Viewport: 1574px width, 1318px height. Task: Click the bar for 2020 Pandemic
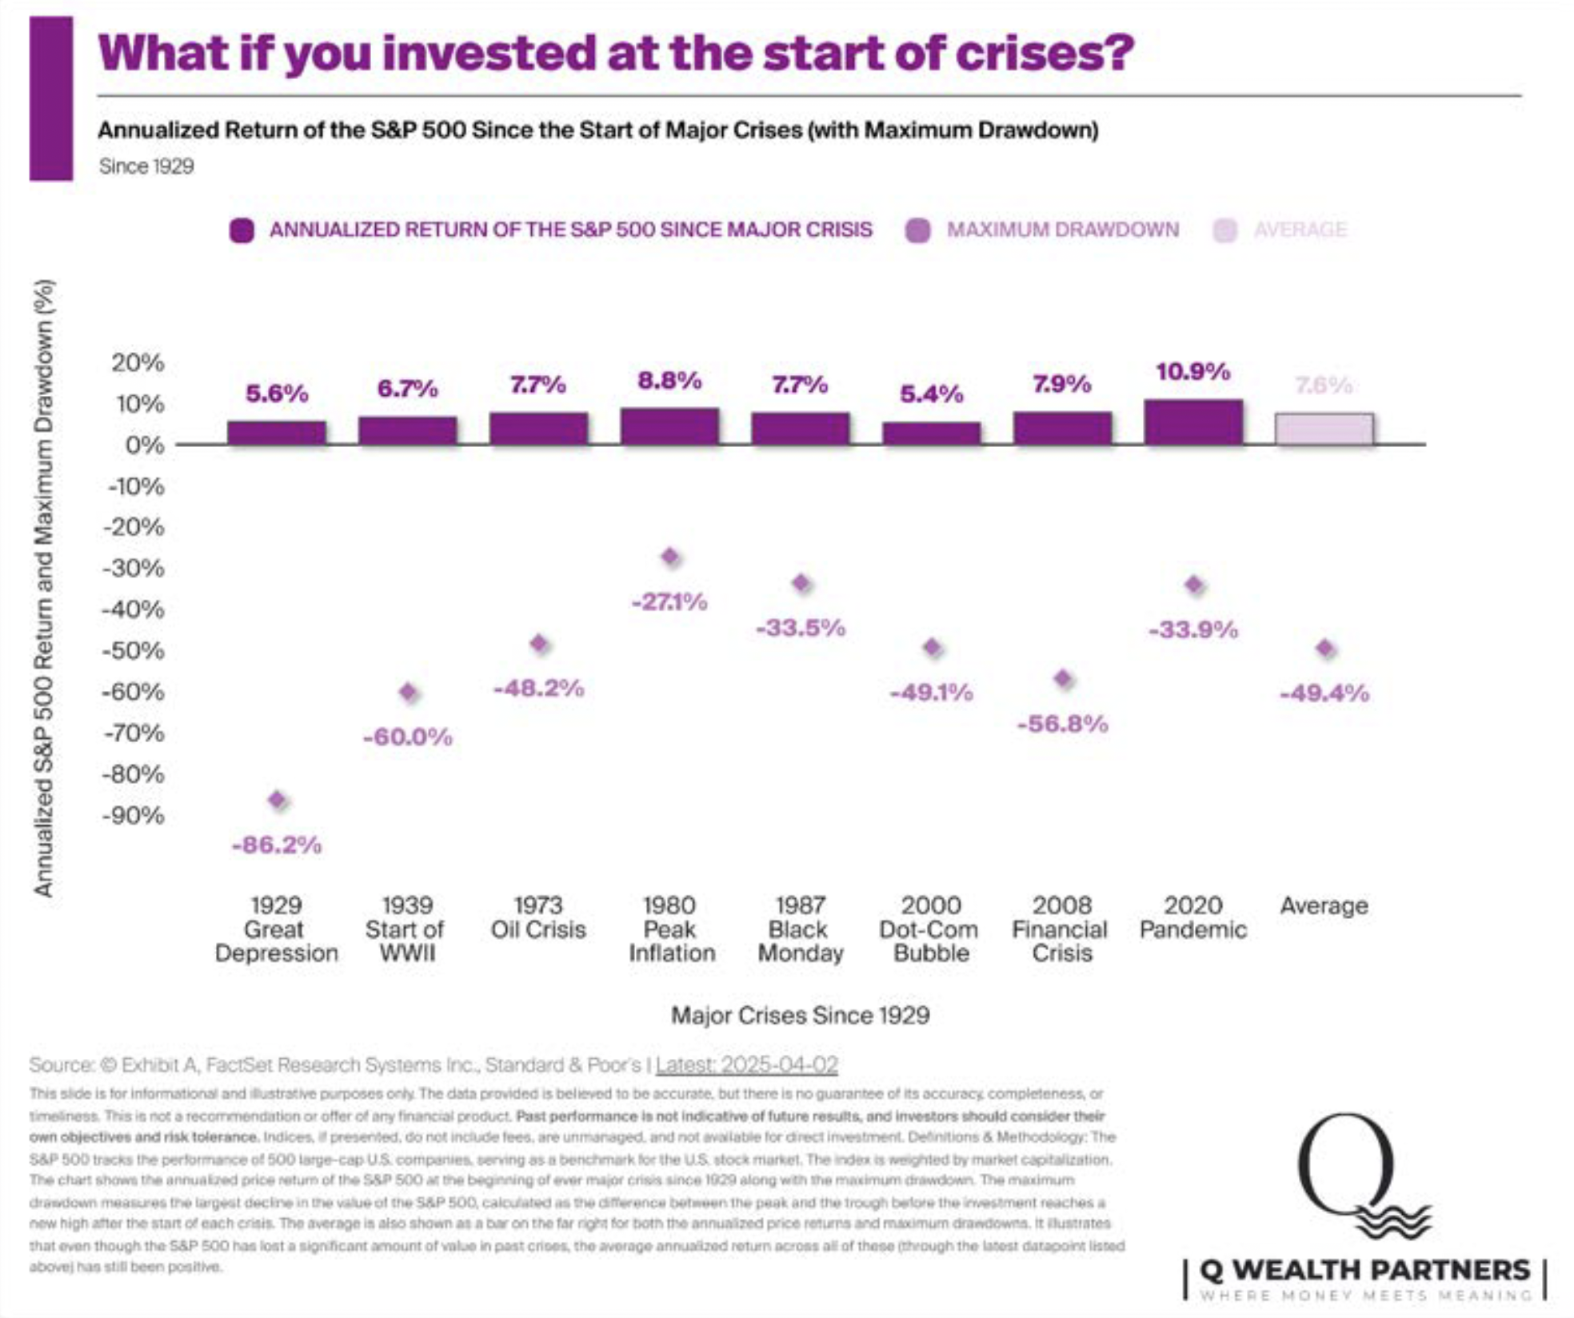1193,422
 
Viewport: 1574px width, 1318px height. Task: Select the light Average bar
1324,429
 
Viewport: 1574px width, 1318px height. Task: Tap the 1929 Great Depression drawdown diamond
277,800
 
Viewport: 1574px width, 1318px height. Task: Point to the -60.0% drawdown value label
408,737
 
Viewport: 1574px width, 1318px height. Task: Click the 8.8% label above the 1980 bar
669,381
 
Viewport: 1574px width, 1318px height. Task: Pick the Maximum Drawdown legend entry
1043,230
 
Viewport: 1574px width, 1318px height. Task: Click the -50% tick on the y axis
134,650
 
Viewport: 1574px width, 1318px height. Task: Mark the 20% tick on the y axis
138,363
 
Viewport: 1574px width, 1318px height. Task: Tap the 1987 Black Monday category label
801,929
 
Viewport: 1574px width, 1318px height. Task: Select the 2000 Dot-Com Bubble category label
930,929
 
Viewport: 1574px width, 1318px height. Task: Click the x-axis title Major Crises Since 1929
800,1016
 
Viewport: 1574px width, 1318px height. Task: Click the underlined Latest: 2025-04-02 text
746,1065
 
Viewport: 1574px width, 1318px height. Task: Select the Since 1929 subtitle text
146,166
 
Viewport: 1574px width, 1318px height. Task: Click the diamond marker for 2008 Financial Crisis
1062,679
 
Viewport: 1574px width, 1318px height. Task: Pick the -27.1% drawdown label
669,602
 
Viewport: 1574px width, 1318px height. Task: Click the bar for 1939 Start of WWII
408,430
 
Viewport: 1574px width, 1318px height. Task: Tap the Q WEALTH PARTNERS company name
1364,1270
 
